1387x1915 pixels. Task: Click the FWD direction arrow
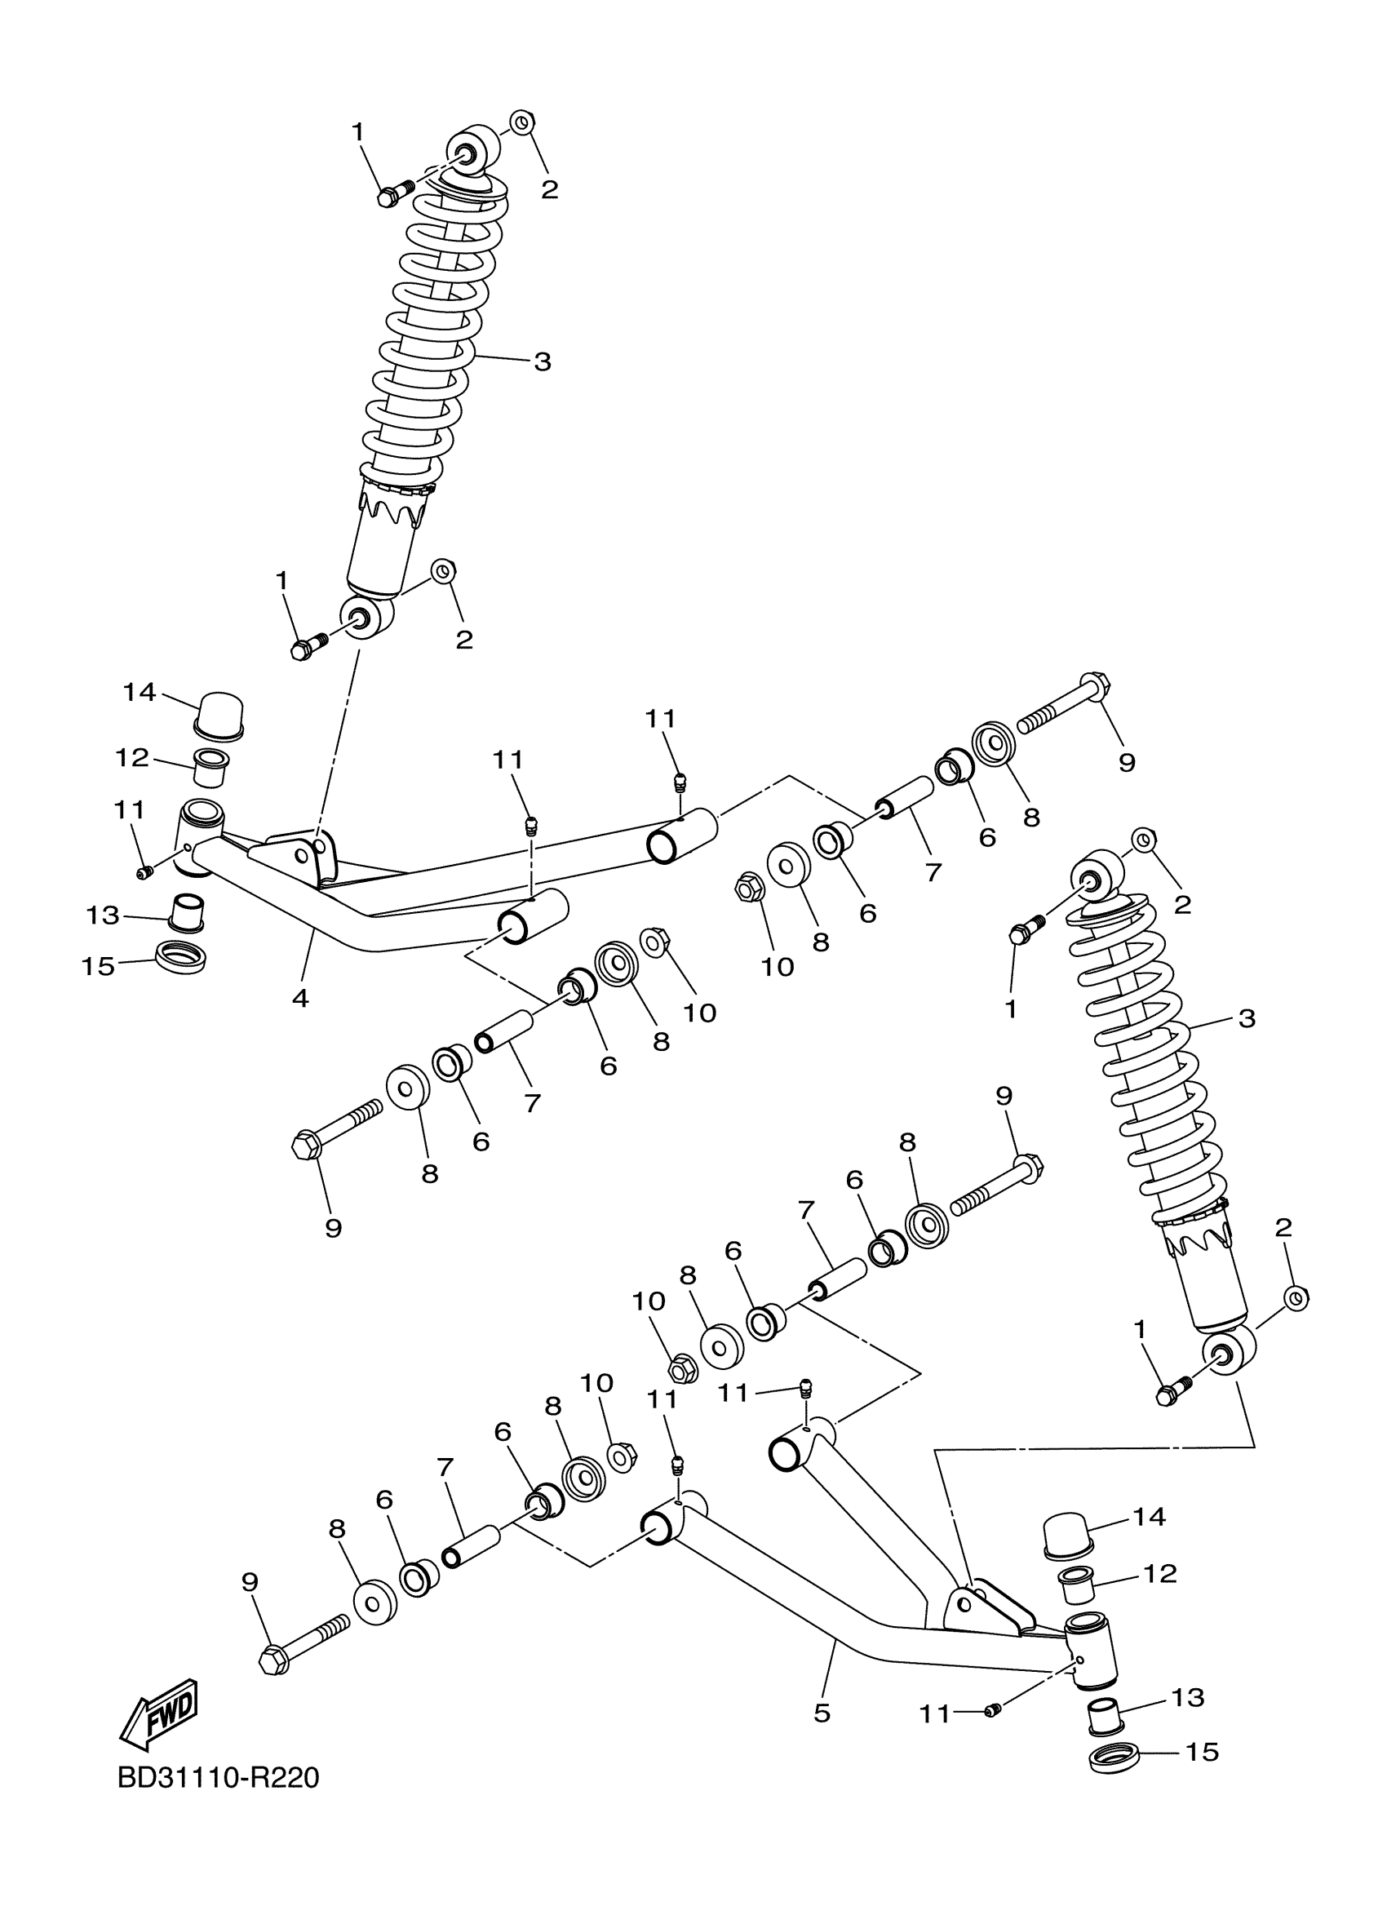coord(160,1713)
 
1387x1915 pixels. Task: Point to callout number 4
coord(300,998)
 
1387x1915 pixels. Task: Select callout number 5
coord(822,1713)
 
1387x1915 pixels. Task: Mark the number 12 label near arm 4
coord(131,757)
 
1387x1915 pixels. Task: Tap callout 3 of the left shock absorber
coord(542,361)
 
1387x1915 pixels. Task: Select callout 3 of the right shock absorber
coord(1247,1018)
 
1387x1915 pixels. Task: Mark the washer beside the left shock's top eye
coord(522,122)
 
